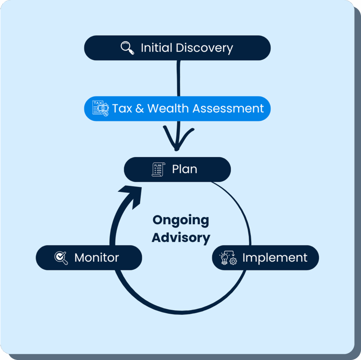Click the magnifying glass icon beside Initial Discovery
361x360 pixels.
(127, 48)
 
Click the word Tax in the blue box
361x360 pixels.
(122, 108)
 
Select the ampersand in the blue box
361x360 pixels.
(140, 108)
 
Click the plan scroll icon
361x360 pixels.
(158, 170)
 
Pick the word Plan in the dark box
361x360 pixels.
(184, 169)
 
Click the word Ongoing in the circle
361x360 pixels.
(180, 220)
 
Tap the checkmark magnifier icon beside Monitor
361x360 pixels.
(61, 258)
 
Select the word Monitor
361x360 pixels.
(97, 258)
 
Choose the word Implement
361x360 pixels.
(275, 258)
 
